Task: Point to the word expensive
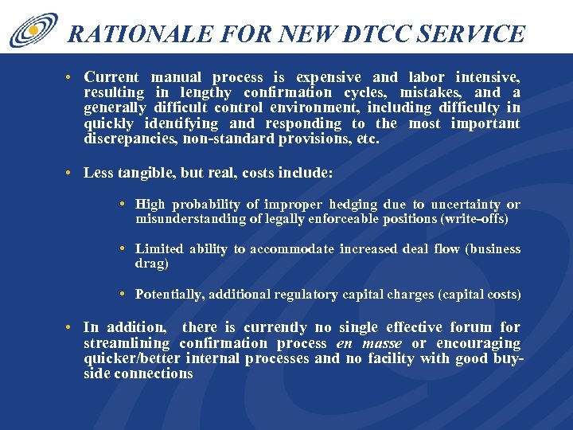[x=328, y=77]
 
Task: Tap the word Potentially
[x=169, y=295]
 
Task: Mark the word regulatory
[x=307, y=295]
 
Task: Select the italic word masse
[x=382, y=343]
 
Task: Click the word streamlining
[x=127, y=343]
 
